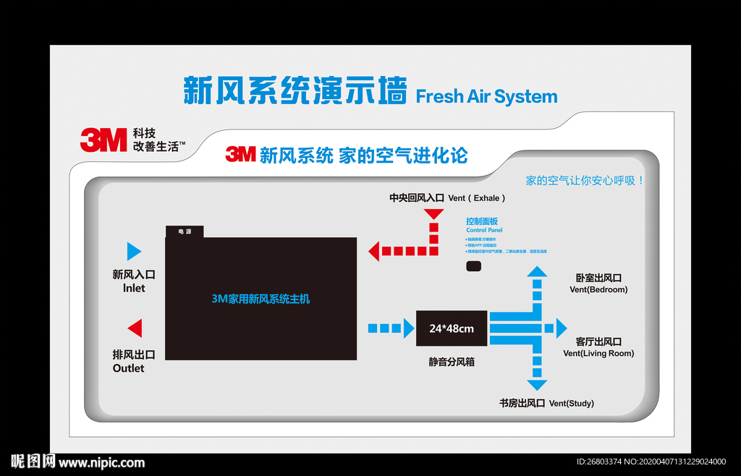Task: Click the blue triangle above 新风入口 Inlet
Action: pyautogui.click(x=133, y=251)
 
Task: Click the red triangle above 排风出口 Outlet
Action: pyautogui.click(x=135, y=328)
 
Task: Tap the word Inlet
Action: pyautogui.click(x=134, y=288)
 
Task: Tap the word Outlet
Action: pyautogui.click(x=128, y=368)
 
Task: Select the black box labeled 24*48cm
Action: pyautogui.click(x=452, y=328)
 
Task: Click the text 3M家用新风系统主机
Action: pyautogui.click(x=261, y=298)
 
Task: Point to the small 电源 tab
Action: pyautogui.click(x=185, y=231)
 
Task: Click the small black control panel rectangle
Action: pyautogui.click(x=474, y=267)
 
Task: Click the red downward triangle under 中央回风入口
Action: pyautogui.click(x=433, y=213)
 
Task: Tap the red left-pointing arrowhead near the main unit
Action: pyautogui.click(x=373, y=251)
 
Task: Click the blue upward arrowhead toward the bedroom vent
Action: pyautogui.click(x=536, y=271)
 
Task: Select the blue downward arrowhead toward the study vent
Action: pyautogui.click(x=536, y=384)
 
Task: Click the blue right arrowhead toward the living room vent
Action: pyautogui.click(x=561, y=328)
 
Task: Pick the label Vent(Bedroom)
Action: pyautogui.click(x=598, y=289)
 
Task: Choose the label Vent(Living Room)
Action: pyautogui.click(x=598, y=354)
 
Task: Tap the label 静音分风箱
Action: pyautogui.click(x=452, y=362)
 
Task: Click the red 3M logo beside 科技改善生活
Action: pyautogui.click(x=103, y=140)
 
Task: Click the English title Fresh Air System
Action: pyautogui.click(x=486, y=96)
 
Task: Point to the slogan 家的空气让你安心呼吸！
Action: pyautogui.click(x=585, y=180)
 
